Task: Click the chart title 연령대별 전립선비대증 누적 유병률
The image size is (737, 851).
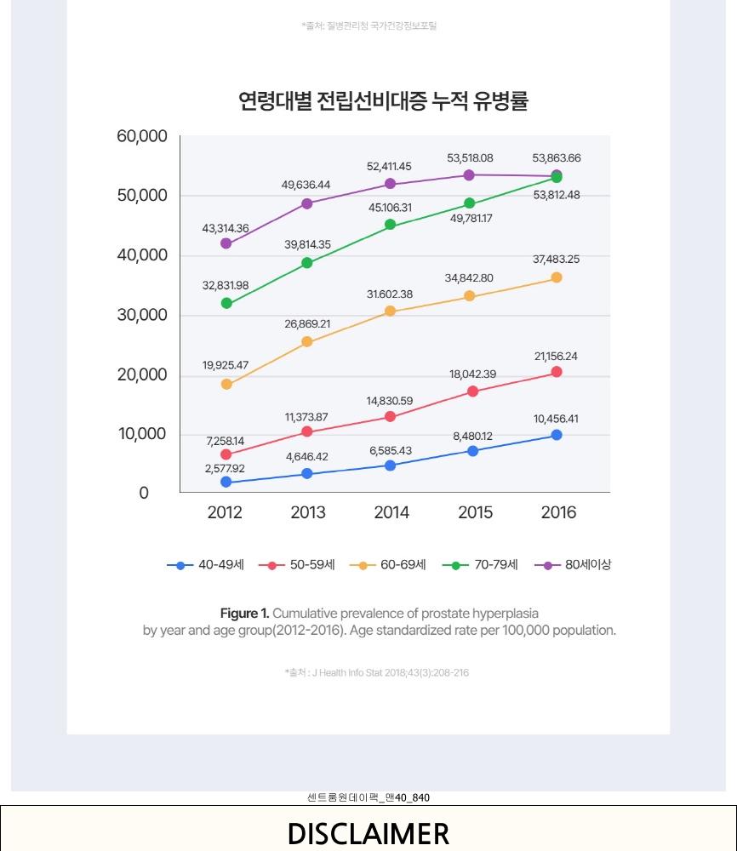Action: (x=383, y=101)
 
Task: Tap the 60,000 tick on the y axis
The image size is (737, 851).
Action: (x=142, y=137)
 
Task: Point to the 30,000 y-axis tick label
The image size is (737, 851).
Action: (x=142, y=316)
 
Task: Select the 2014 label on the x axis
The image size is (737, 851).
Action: (x=391, y=512)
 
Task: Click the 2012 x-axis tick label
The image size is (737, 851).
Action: (x=225, y=512)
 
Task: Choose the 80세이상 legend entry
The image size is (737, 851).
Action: (x=573, y=564)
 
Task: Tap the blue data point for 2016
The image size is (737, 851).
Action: (x=557, y=435)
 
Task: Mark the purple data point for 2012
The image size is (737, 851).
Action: (x=226, y=243)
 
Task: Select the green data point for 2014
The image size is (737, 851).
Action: (x=391, y=225)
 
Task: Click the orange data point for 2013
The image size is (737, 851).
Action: (x=307, y=342)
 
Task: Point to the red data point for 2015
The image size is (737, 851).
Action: (x=472, y=391)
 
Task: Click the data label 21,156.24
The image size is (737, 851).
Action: (x=556, y=357)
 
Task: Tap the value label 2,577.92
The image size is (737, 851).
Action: (x=225, y=468)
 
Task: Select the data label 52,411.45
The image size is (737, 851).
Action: (x=389, y=167)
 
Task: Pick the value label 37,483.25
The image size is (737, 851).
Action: (x=556, y=260)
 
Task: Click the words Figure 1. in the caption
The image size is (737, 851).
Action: (x=244, y=614)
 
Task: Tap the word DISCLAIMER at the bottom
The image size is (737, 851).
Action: (x=368, y=833)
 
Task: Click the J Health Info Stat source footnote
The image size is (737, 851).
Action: (x=376, y=672)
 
